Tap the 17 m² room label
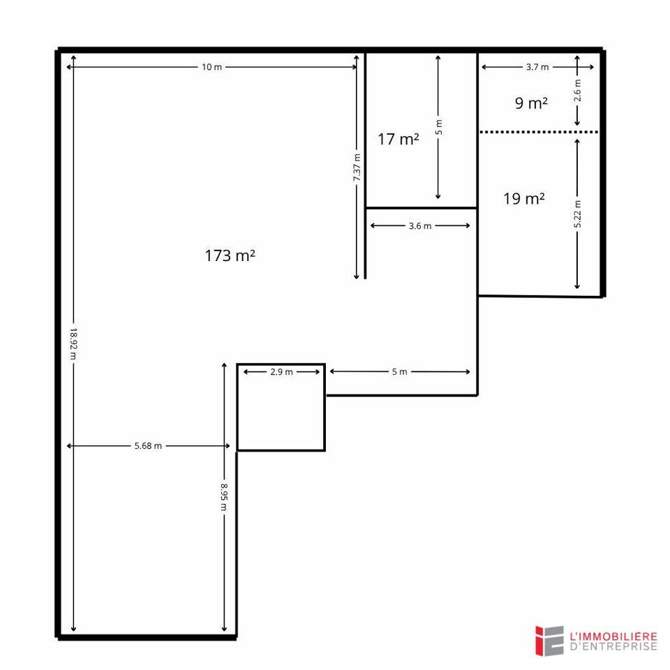[399, 140]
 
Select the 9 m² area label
[531, 104]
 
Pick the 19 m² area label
[524, 200]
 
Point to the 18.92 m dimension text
[72, 344]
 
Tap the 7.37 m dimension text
[357, 168]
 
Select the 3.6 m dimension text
[420, 225]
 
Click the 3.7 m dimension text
[537, 67]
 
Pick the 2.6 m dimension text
[577, 91]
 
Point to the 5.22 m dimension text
[577, 214]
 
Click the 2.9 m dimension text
[281, 372]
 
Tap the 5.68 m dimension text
[148, 446]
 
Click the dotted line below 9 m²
[538, 132]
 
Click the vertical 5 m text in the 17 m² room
[438, 127]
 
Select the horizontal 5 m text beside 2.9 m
[399, 372]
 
